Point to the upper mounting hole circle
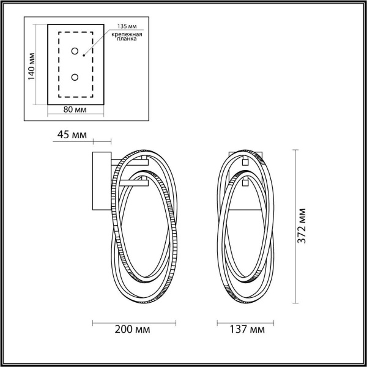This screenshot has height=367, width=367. pyautogui.click(x=74, y=51)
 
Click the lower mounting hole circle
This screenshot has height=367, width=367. pyautogui.click(x=74, y=77)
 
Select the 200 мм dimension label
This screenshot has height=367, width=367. pyautogui.click(x=134, y=330)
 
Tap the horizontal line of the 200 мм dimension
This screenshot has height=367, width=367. pyautogui.click(x=134, y=321)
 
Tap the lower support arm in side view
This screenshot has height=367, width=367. pyautogui.click(x=132, y=182)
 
